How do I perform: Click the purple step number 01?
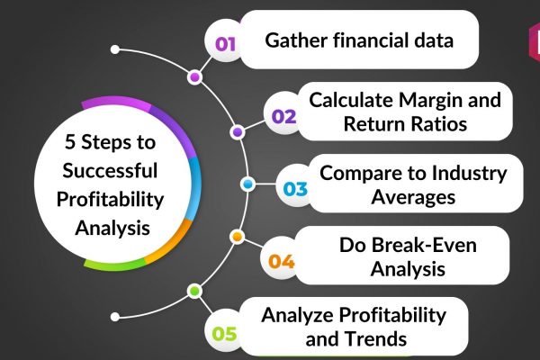(225, 44)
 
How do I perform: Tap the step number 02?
(283, 116)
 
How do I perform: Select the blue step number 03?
(295, 189)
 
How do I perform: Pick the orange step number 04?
(282, 261)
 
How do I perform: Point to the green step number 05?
(224, 334)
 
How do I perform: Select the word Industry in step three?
(469, 174)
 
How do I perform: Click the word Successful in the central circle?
(110, 170)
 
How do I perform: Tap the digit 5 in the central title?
(70, 142)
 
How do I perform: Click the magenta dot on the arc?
(194, 77)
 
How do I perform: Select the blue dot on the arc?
(247, 184)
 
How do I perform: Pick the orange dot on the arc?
(237, 237)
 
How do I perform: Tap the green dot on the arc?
(194, 291)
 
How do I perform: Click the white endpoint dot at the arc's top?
(115, 49)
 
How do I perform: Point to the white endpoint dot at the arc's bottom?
(115, 317)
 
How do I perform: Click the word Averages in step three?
(413, 197)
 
